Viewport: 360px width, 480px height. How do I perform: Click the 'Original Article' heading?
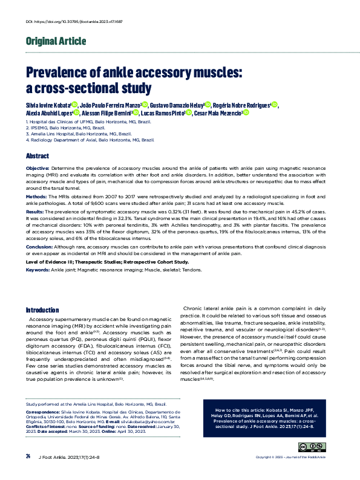coord(56,42)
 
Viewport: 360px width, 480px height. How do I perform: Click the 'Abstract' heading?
coord(38,155)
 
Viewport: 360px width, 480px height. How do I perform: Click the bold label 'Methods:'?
coord(36,196)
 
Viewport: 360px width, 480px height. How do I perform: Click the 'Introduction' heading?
coord(42,309)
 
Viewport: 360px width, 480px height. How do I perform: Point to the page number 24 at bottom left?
coord(28,472)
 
